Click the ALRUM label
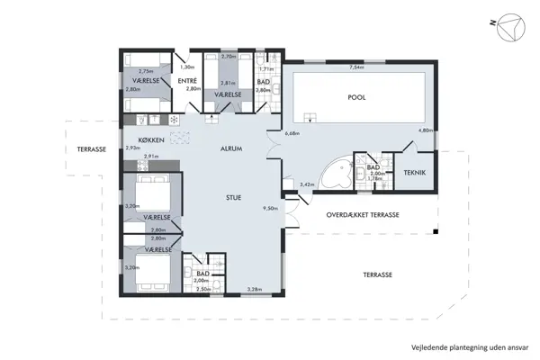click(x=232, y=149)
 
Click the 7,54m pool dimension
click(x=357, y=67)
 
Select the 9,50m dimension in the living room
click(x=269, y=208)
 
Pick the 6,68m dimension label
click(x=291, y=134)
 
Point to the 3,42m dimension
click(x=306, y=184)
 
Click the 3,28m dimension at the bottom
click(x=255, y=289)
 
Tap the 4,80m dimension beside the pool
click(x=426, y=130)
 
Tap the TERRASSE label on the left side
click(x=92, y=149)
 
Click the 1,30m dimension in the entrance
click(x=188, y=67)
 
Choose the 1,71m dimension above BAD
click(x=265, y=68)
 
